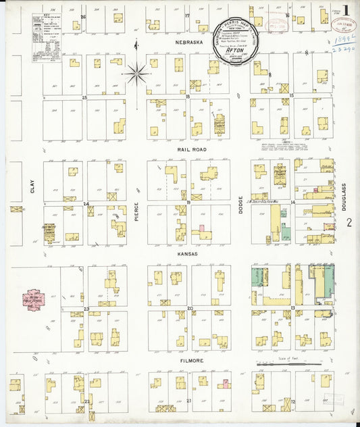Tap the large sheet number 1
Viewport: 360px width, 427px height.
click(346, 11)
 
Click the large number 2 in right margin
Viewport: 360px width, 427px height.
click(349, 222)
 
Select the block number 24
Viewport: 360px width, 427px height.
click(86, 203)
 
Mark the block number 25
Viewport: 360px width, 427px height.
click(85, 97)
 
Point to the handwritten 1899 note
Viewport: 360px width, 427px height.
click(344, 41)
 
